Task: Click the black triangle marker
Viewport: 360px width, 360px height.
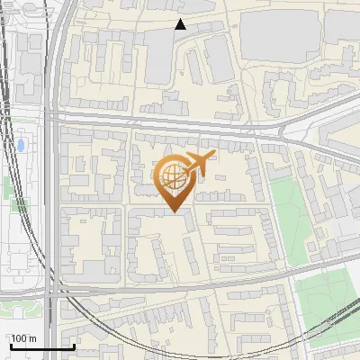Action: pos(180,24)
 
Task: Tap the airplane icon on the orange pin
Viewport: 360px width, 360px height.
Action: pos(197,164)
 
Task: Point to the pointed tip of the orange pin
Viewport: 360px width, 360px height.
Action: pos(171,211)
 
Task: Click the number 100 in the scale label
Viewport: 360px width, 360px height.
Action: pos(19,338)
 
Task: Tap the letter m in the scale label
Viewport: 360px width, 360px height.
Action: pos(31,338)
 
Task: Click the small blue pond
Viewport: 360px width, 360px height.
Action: pos(20,144)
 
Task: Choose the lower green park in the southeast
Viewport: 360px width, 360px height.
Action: pos(324,301)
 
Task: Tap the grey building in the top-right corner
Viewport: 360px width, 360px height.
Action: pos(342,27)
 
